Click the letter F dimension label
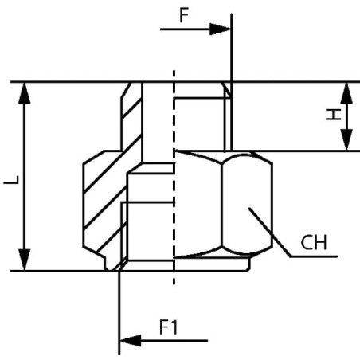[x=184, y=15]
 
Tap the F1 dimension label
[x=169, y=327]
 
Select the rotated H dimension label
[x=334, y=115]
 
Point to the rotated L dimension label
[x=11, y=180]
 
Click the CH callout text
[x=314, y=242]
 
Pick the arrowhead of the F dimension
[x=220, y=29]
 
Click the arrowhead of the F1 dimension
[x=131, y=340]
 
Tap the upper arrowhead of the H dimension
[x=346, y=93]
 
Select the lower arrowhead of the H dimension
[x=346, y=139]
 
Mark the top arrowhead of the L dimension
[x=25, y=93]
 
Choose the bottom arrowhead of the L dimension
[x=25, y=260]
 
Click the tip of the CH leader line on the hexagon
[x=249, y=208]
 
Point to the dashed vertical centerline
[x=174, y=178]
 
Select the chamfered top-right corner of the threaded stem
[x=226, y=90]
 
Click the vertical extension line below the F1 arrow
[x=119, y=313]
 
